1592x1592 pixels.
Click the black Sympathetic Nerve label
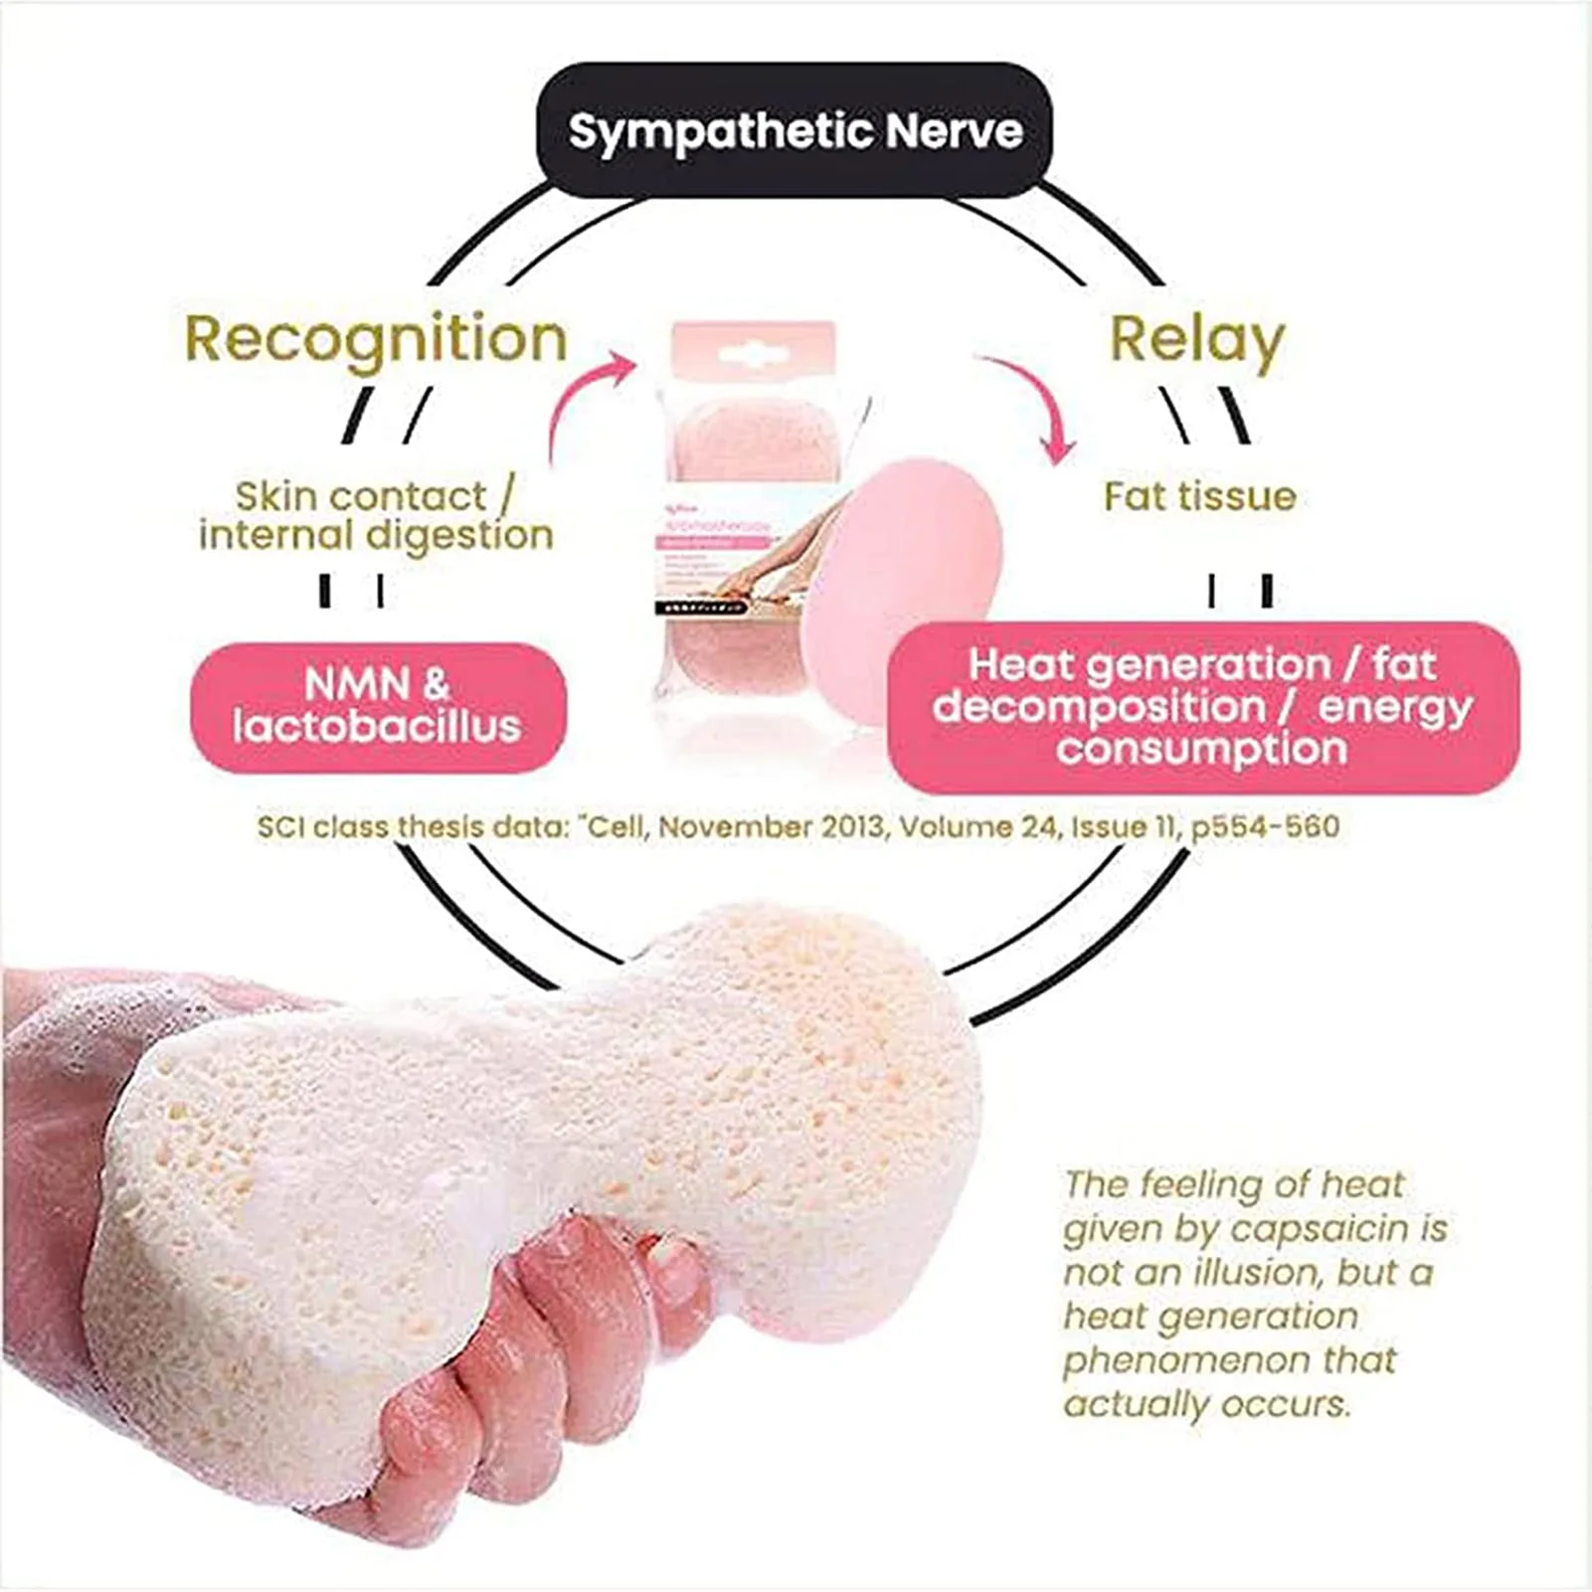[795, 130]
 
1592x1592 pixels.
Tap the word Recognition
[376, 340]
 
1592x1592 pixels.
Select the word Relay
[1197, 340]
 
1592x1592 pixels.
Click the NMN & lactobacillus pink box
[378, 706]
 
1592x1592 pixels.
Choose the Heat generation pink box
[1202, 707]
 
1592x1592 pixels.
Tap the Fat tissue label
[1200, 496]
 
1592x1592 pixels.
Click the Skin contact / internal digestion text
[376, 515]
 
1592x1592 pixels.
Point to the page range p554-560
[1265, 827]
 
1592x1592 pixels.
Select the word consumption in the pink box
[1202, 750]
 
